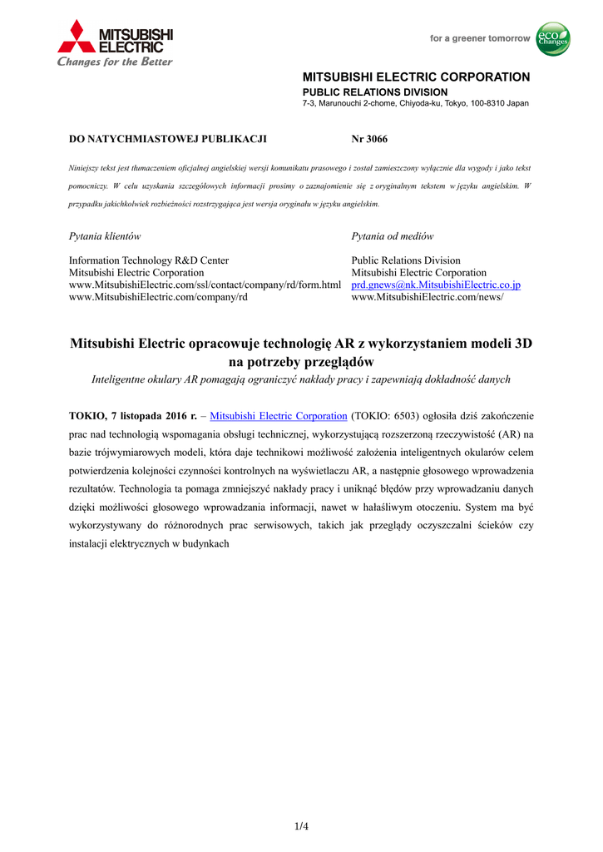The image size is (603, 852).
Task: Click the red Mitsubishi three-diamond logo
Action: click(x=77, y=37)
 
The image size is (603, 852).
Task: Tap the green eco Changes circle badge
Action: click(x=552, y=39)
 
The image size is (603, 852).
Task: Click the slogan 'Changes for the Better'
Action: click(x=115, y=62)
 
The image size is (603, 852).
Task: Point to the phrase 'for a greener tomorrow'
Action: click(x=479, y=38)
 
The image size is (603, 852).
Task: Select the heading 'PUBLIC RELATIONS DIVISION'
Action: click(x=374, y=92)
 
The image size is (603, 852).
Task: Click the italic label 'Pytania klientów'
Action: click(x=105, y=236)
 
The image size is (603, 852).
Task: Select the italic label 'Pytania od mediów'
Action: click(x=393, y=236)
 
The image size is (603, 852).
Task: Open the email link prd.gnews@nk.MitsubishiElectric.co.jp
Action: click(x=436, y=285)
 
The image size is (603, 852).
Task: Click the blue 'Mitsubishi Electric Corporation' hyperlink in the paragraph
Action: click(x=278, y=416)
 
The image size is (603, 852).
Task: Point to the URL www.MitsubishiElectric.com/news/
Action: click(x=427, y=297)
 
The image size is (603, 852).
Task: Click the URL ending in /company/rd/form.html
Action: click(x=205, y=285)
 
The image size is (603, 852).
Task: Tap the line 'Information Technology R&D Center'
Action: click(x=149, y=260)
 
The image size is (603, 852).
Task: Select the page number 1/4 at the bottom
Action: click(x=301, y=826)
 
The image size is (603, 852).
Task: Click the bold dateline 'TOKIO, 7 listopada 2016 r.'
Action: click(x=132, y=416)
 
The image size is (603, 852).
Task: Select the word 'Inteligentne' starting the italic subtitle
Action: click(x=119, y=379)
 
